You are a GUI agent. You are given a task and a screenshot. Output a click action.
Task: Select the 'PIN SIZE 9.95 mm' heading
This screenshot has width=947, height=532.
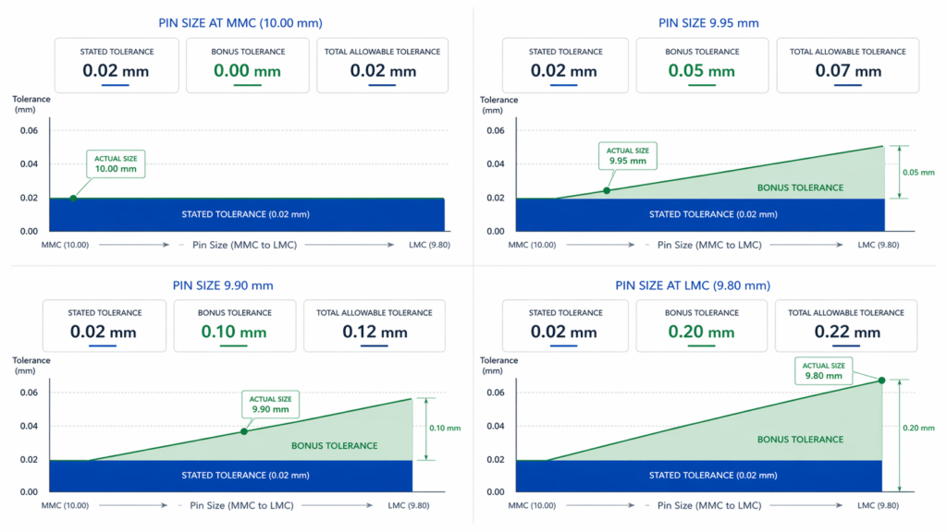(x=708, y=23)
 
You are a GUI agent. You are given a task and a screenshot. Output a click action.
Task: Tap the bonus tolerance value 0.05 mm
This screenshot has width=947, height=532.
(x=701, y=71)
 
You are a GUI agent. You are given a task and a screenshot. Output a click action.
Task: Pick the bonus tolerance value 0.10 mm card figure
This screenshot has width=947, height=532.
(x=234, y=332)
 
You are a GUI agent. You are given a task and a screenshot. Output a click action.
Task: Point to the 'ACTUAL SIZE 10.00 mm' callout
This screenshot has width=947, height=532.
(x=116, y=164)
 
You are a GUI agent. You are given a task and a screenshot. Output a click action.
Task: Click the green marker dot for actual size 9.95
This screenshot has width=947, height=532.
(x=607, y=190)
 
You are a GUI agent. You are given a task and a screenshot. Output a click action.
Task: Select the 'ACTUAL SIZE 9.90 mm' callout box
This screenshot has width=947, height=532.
(x=269, y=404)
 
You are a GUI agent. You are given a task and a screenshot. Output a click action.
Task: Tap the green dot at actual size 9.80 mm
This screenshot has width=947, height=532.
(x=881, y=380)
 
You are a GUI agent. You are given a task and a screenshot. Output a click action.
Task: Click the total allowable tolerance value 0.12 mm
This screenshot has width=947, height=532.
(x=375, y=332)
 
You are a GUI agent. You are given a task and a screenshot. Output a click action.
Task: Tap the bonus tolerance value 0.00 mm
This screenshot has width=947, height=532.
(x=247, y=71)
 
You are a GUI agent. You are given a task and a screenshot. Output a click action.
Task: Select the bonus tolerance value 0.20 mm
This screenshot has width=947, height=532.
(x=703, y=332)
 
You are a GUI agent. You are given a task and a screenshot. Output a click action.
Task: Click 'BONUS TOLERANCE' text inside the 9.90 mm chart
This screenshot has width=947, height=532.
(x=335, y=445)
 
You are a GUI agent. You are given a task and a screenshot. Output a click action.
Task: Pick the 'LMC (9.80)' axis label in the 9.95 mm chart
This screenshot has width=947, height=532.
(x=878, y=245)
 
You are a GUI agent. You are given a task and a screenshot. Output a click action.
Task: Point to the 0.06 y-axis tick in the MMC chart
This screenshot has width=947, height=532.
(x=31, y=131)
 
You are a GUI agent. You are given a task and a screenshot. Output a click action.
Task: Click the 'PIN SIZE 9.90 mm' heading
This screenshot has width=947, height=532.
(x=223, y=285)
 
